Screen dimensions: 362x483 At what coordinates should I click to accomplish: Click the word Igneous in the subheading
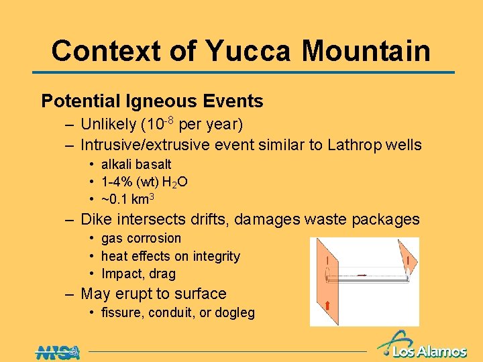tap(160, 101)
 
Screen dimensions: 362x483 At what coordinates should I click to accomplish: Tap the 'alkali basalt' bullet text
tap(136, 164)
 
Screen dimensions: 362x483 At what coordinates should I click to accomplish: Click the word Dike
tap(95, 219)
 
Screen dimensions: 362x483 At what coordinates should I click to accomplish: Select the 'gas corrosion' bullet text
tap(141, 238)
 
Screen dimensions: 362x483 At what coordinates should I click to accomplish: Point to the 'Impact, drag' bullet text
tap(138, 274)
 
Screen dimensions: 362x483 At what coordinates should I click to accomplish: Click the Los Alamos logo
tap(423, 345)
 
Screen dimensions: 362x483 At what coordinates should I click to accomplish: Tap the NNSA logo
tap(58, 351)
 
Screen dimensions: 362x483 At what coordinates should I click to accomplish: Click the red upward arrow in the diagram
tap(327, 306)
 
